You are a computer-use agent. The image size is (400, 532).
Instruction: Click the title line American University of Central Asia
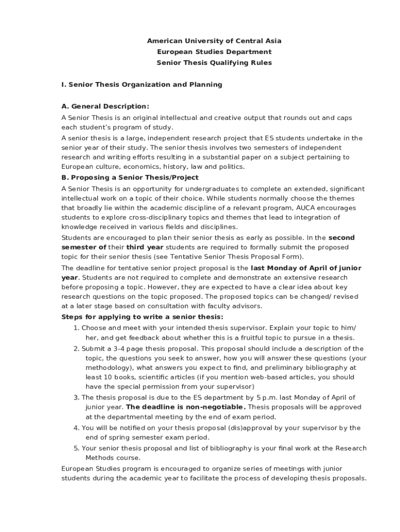pyautogui.click(x=214, y=41)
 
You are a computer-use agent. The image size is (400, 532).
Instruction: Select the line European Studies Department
pyautogui.click(x=214, y=52)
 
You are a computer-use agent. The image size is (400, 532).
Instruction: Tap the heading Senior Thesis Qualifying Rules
pyautogui.click(x=214, y=63)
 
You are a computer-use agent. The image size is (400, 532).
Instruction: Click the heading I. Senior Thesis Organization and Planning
pyautogui.click(x=142, y=84)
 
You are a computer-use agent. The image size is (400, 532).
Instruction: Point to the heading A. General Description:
pyautogui.click(x=105, y=106)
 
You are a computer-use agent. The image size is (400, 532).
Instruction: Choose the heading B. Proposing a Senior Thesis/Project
pyautogui.click(x=130, y=177)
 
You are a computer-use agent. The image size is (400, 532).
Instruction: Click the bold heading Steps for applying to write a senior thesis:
pyautogui.click(x=142, y=317)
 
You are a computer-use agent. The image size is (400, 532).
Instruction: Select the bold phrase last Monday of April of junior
pyautogui.click(x=306, y=268)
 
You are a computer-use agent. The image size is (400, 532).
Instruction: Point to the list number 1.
pyautogui.click(x=76, y=328)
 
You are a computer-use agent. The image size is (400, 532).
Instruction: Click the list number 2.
pyautogui.click(x=76, y=349)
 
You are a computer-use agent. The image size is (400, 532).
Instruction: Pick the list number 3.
pyautogui.click(x=76, y=398)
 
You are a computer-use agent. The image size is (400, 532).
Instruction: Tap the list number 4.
pyautogui.click(x=76, y=428)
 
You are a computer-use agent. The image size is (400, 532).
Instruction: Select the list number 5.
pyautogui.click(x=76, y=448)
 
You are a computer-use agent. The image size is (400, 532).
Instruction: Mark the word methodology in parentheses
pyautogui.click(x=106, y=368)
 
